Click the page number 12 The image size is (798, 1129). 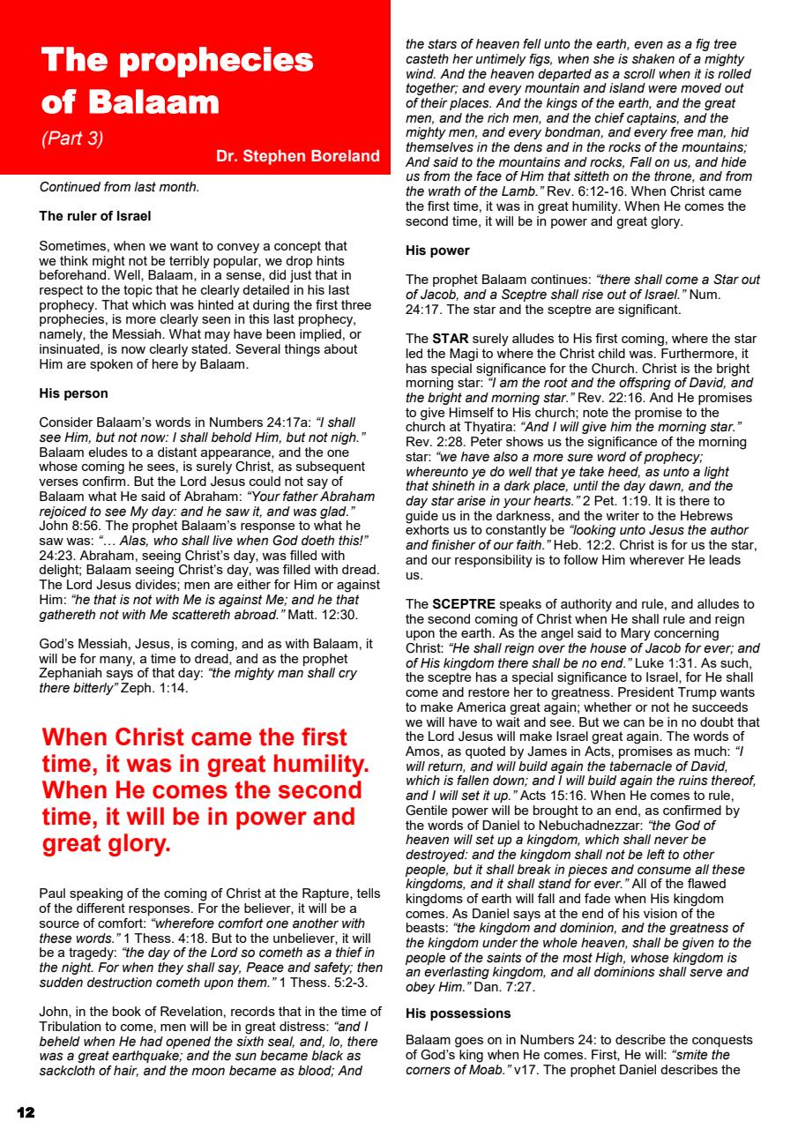pos(26,1112)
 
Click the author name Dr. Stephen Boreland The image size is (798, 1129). pos(297,157)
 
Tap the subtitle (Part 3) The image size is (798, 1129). pos(72,138)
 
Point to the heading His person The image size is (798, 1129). pos(74,393)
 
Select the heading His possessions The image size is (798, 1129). pos(458,1013)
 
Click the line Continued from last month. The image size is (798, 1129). pos(119,187)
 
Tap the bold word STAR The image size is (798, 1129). pos(451,339)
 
